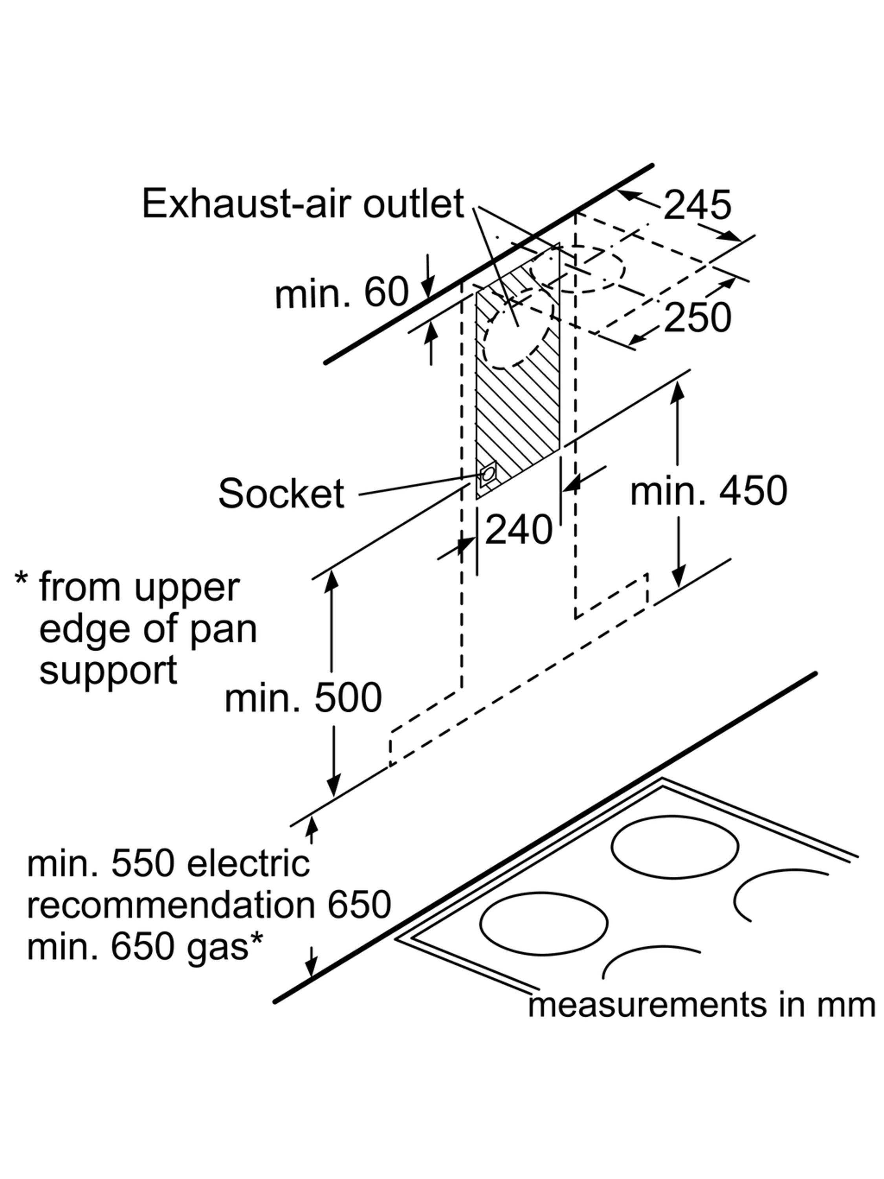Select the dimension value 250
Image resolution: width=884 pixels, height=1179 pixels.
point(697,318)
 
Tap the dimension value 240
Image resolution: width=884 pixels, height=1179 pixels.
point(518,530)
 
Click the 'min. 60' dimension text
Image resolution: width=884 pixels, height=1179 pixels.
point(341,293)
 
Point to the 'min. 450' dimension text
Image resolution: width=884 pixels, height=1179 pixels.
point(708,491)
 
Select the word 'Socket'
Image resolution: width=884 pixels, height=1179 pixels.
point(281,494)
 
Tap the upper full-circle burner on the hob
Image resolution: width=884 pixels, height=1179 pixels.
point(674,847)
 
